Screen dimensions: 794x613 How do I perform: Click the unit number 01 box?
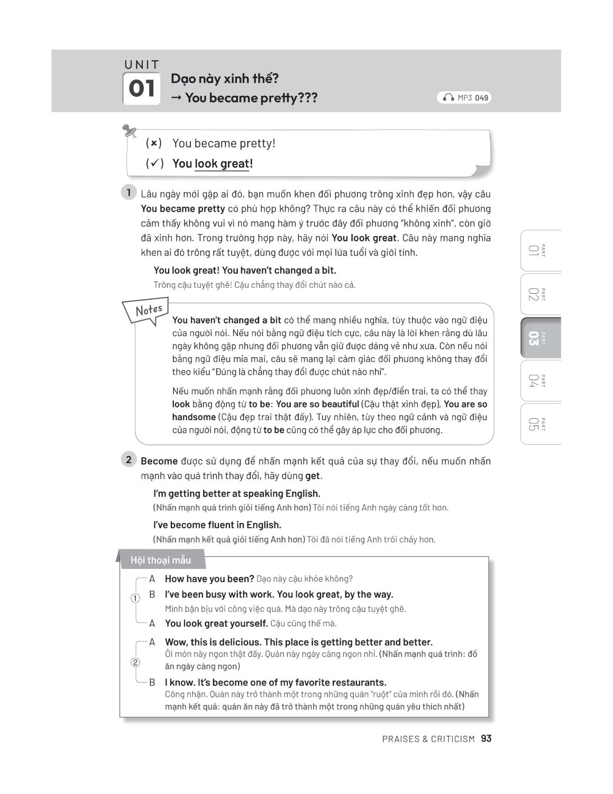click(x=141, y=88)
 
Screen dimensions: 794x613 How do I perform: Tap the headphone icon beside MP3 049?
click(x=449, y=97)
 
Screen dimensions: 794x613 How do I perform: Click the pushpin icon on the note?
click(x=129, y=131)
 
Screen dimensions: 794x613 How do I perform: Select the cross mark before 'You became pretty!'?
click(x=153, y=143)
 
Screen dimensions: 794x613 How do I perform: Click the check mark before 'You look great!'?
click(x=154, y=164)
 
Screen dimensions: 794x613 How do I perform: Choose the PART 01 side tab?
click(x=539, y=251)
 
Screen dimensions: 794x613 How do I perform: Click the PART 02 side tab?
click(x=539, y=294)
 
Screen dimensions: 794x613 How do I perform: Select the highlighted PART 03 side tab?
click(x=539, y=338)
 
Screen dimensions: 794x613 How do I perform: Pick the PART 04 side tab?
click(x=539, y=381)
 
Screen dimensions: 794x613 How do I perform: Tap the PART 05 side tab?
click(x=539, y=425)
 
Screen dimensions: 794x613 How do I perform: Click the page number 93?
click(x=486, y=738)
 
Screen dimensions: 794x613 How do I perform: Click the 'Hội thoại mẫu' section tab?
click(x=161, y=560)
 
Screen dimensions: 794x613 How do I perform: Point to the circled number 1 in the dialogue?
click(x=135, y=598)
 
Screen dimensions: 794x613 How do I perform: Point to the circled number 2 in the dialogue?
click(x=135, y=662)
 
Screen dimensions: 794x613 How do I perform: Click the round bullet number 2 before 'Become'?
click(x=129, y=459)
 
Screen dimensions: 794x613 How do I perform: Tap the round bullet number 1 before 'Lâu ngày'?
click(x=129, y=192)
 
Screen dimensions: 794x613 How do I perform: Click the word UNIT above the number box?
click(x=141, y=65)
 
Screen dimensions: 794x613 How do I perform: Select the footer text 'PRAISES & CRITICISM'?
click(x=428, y=739)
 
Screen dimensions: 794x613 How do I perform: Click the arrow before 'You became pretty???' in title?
click(x=176, y=98)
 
